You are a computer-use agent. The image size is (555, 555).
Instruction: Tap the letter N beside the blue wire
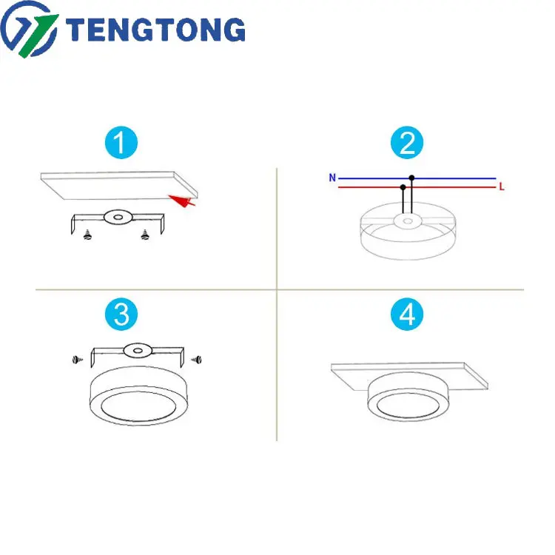pos(333,178)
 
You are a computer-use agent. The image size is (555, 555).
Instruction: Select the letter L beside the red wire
pos(501,188)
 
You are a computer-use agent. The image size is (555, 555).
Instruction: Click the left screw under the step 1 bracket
pos(89,237)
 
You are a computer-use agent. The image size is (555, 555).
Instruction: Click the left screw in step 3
pos(76,359)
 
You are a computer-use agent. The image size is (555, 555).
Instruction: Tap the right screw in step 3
pos(196,359)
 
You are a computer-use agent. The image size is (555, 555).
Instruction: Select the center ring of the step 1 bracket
pos(115,217)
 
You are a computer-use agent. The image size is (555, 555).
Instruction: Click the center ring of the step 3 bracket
pos(135,349)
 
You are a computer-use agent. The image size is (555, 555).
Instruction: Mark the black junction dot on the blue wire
pos(411,178)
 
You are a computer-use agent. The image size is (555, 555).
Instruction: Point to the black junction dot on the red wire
pos(402,187)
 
